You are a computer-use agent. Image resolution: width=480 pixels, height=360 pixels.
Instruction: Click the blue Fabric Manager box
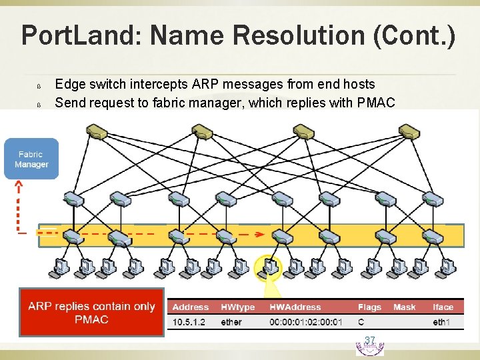tap(31, 159)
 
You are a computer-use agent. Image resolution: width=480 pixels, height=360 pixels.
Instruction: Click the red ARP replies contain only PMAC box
tap(91, 312)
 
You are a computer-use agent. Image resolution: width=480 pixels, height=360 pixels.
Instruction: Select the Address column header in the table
tap(191, 307)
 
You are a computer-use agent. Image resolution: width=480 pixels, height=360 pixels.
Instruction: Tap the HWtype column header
tap(237, 307)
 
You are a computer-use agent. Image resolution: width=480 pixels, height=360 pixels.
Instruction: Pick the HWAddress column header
tap(295, 307)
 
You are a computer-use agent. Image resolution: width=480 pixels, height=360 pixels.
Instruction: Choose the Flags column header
tap(369, 307)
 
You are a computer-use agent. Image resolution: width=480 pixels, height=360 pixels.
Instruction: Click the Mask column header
tap(404, 307)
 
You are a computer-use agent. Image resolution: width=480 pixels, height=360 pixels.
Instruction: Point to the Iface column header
tap(443, 307)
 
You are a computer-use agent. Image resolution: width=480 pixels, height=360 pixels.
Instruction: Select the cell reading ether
tap(231, 322)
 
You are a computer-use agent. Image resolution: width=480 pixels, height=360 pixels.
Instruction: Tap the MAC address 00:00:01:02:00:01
tap(305, 322)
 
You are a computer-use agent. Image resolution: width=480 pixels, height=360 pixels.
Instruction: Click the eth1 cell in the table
tap(441, 322)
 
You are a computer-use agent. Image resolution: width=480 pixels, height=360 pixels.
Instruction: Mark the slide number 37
tap(370, 341)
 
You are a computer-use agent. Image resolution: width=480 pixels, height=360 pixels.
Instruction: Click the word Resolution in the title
tap(281, 35)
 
